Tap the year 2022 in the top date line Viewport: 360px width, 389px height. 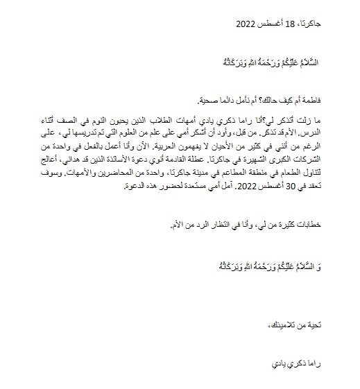click(x=246, y=23)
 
